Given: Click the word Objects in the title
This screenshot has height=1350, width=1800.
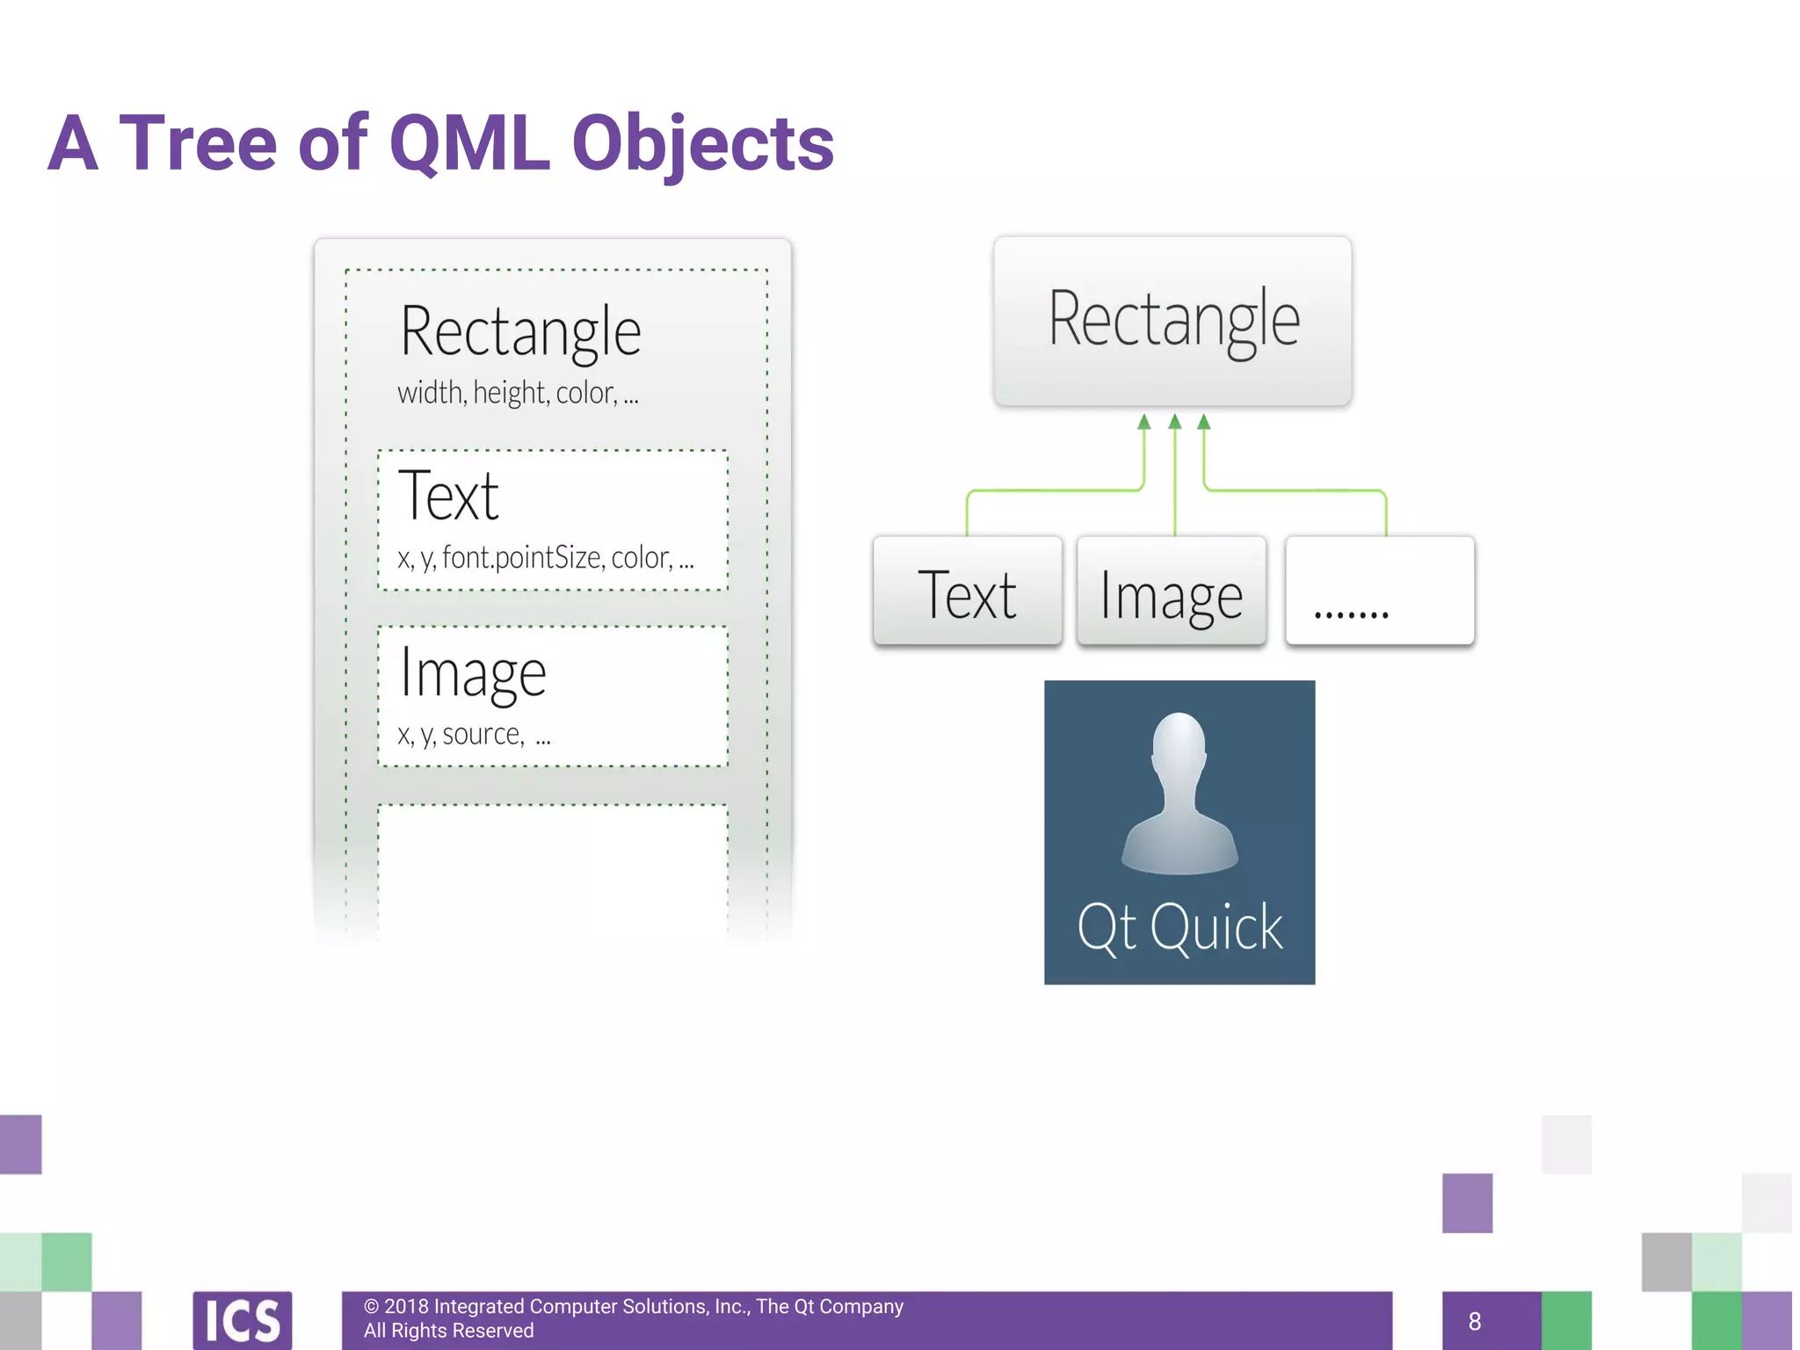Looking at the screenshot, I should tap(702, 145).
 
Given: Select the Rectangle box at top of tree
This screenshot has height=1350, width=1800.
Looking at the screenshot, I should tap(1172, 321).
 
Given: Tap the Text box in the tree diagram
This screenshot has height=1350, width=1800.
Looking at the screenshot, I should tap(967, 592).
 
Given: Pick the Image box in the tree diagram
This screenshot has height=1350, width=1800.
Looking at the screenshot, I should tap(1172, 592).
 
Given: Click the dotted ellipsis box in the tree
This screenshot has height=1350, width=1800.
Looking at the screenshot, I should tap(1379, 592).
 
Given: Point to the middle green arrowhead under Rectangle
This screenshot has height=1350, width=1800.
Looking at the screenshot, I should tap(1174, 423).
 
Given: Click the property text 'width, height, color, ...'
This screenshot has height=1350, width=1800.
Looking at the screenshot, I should tap(518, 393).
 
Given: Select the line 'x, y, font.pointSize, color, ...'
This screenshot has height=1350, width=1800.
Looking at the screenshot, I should tap(545, 558).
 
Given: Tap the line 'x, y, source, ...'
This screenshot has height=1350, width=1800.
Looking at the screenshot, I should tap(474, 734).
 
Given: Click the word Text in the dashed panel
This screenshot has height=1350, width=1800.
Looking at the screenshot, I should tap(448, 497).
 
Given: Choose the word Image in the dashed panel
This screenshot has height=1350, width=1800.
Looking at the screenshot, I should tap(473, 674).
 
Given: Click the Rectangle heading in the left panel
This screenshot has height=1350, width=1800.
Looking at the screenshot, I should tap(520, 332).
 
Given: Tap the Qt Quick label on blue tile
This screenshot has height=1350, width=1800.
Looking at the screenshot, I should tap(1179, 927).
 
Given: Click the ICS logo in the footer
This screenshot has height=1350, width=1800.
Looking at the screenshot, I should tap(243, 1320).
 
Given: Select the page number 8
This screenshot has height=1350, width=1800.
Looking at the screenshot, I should tap(1475, 1321).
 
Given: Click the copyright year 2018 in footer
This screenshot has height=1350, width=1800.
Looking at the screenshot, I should tap(406, 1307).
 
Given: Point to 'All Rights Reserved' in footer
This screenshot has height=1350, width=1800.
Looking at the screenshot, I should tap(448, 1331).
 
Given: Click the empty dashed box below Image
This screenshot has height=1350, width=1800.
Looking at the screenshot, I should tap(552, 870).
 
